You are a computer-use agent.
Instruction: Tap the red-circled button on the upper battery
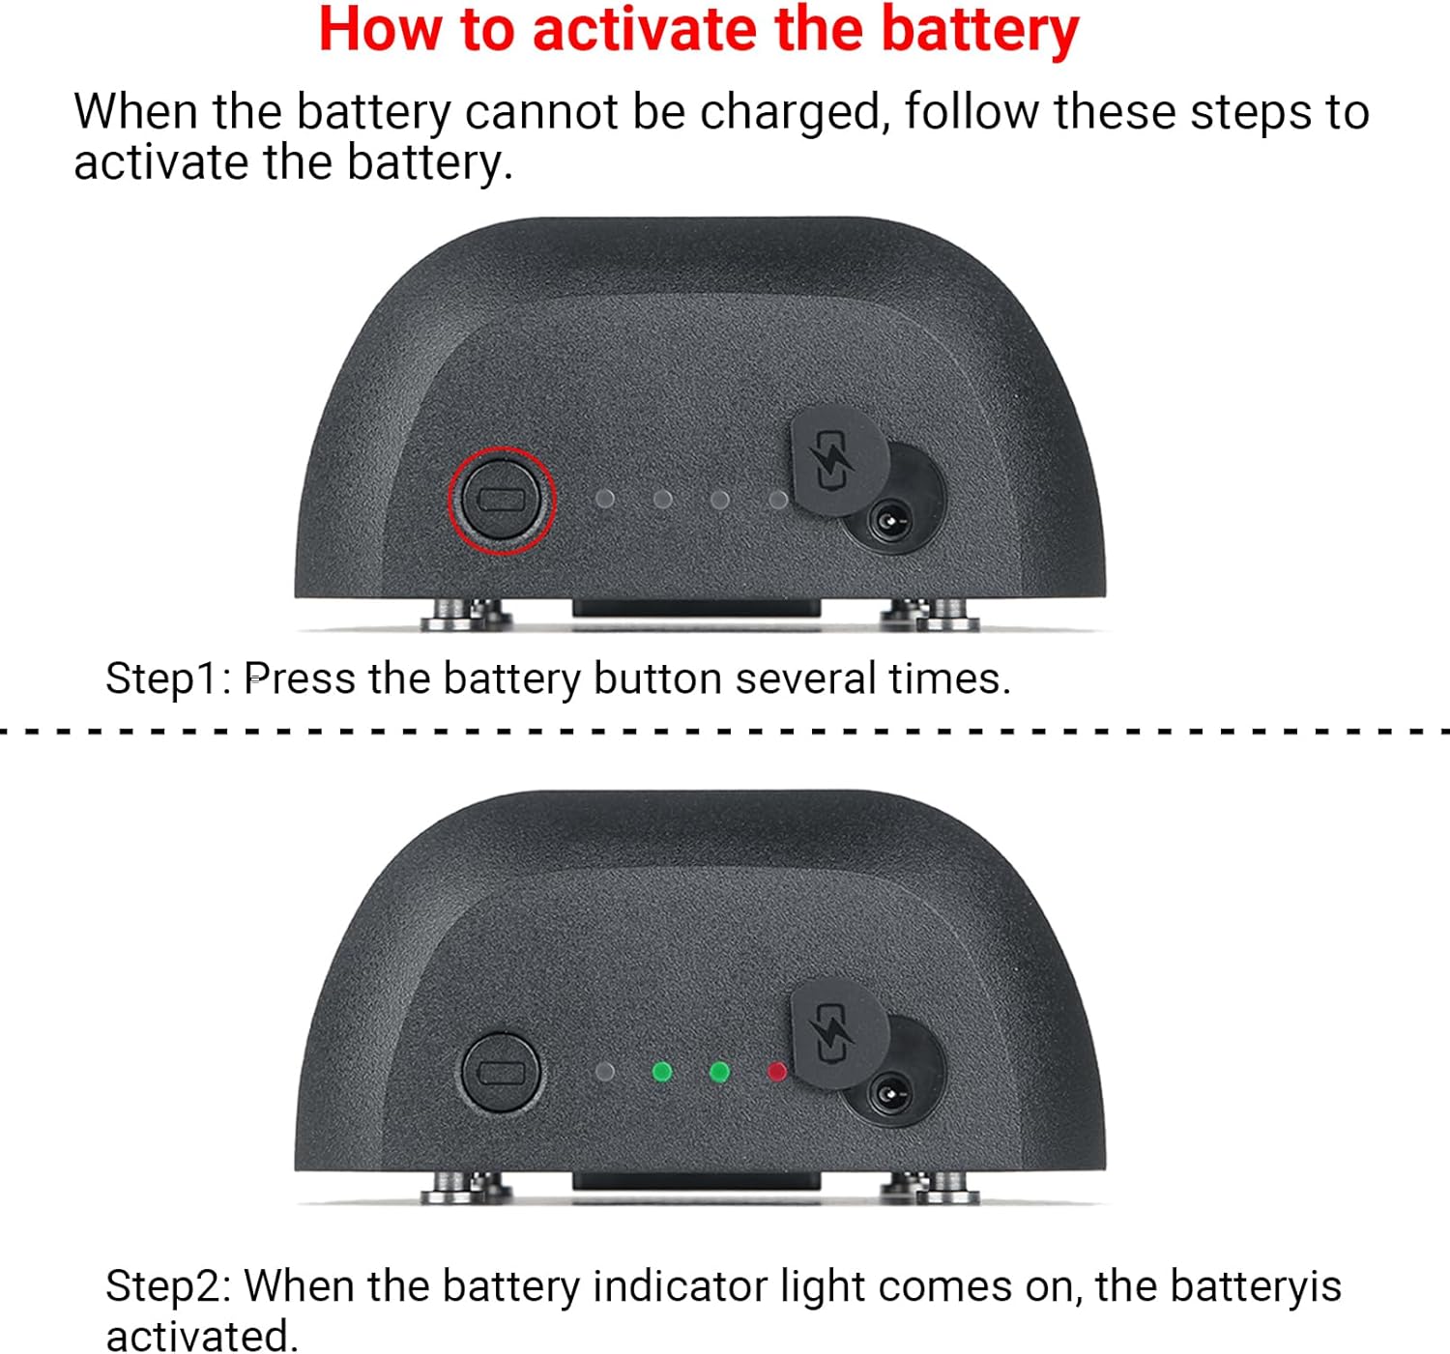501,500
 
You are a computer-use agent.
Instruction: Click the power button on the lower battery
501,1073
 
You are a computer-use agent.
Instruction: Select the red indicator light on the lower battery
777,1072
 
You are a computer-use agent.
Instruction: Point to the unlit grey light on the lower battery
604,1072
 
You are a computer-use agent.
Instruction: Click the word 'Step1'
161,679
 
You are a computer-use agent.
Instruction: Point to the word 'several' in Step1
805,678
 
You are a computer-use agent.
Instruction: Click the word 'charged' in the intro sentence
791,114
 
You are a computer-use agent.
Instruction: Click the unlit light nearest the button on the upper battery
604,500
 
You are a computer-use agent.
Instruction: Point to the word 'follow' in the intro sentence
971,112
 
